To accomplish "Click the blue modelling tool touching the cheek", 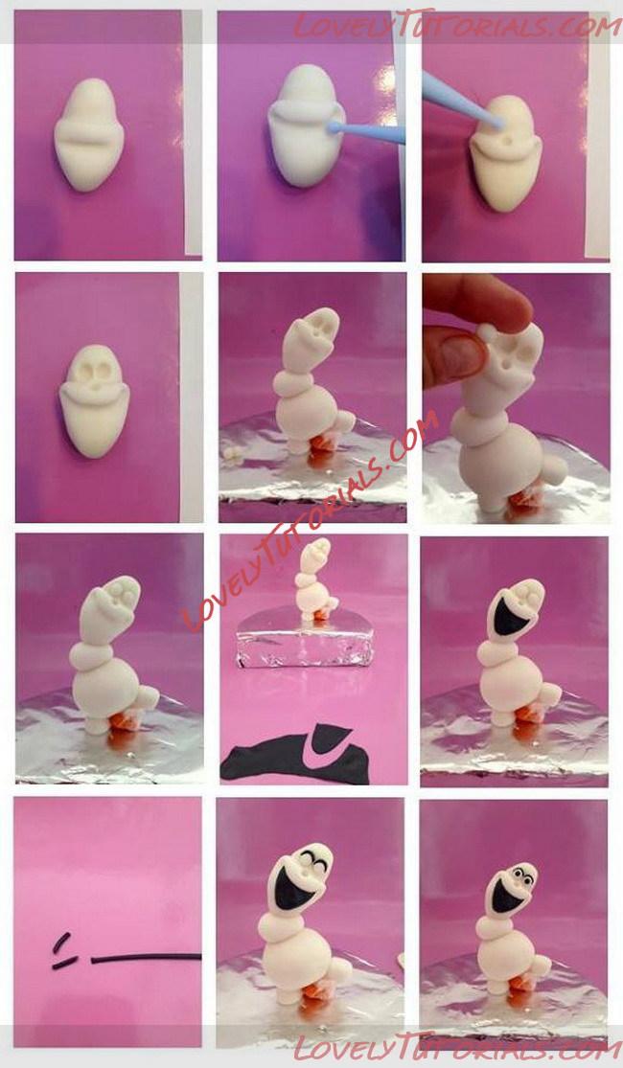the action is (x=367, y=131).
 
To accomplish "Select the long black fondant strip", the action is (x=146, y=958).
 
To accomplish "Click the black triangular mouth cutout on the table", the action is (x=331, y=740).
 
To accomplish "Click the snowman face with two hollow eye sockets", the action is (x=95, y=399).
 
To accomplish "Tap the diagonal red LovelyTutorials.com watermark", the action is (x=311, y=520).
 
